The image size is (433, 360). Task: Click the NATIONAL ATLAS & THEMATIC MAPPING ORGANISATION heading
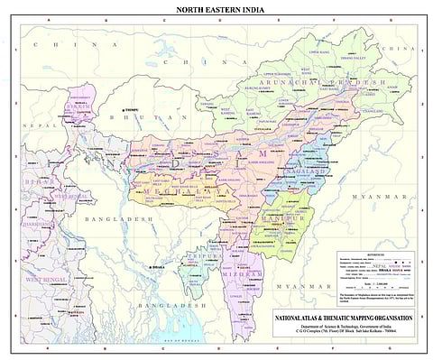tap(344, 317)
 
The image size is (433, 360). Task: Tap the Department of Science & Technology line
tap(344, 326)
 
